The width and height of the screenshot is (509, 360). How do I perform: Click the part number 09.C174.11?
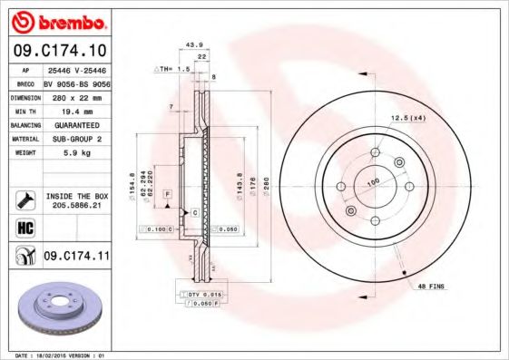coord(76,258)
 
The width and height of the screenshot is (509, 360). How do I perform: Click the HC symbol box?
coord(25,226)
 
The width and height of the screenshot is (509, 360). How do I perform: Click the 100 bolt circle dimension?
coord(372,182)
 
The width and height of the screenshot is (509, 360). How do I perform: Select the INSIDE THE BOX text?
coord(75,196)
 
